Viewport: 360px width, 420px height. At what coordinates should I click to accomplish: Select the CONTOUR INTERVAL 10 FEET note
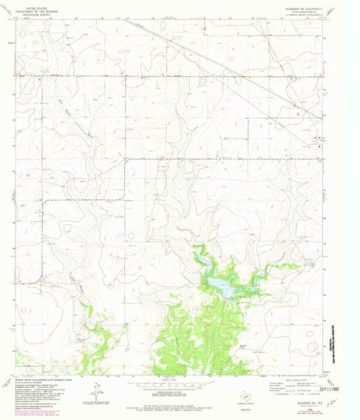coord(180,393)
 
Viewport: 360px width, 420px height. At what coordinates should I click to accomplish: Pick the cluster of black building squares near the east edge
coord(317,140)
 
